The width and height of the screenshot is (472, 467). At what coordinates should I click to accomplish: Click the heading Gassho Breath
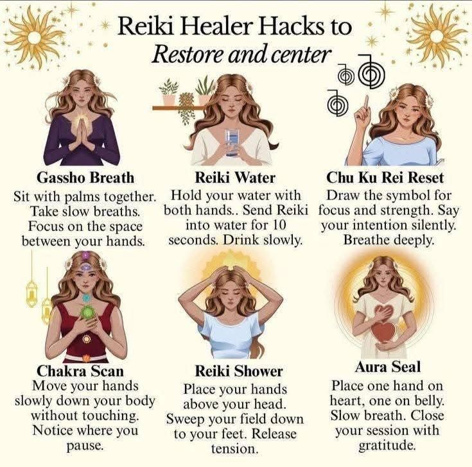(85, 178)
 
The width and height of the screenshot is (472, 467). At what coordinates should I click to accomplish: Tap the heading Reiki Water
(235, 178)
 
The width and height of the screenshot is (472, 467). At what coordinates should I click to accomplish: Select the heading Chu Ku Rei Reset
(385, 178)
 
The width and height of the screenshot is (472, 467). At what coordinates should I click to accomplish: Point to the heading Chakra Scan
(80, 371)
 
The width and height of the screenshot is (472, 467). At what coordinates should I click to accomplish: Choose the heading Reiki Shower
(239, 371)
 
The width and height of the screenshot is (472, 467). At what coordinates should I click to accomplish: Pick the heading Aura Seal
(387, 367)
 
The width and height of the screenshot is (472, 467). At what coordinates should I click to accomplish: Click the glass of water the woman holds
(232, 142)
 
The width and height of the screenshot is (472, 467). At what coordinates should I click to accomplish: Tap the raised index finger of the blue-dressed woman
(366, 103)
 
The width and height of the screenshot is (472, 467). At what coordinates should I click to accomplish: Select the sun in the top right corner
(437, 37)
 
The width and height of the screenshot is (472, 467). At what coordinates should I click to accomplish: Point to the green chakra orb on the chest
(87, 312)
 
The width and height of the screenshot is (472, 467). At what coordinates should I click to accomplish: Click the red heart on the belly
(383, 332)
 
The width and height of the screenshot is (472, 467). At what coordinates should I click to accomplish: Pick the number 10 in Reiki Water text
(278, 226)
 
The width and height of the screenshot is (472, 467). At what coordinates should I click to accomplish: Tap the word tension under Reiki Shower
(235, 449)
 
